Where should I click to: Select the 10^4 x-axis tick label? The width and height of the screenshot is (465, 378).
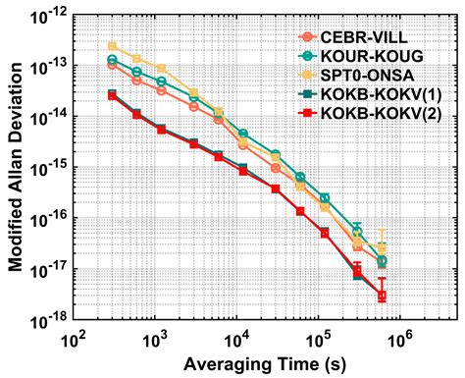tap(236, 339)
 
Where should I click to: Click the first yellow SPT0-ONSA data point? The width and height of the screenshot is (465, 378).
tap(112, 46)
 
